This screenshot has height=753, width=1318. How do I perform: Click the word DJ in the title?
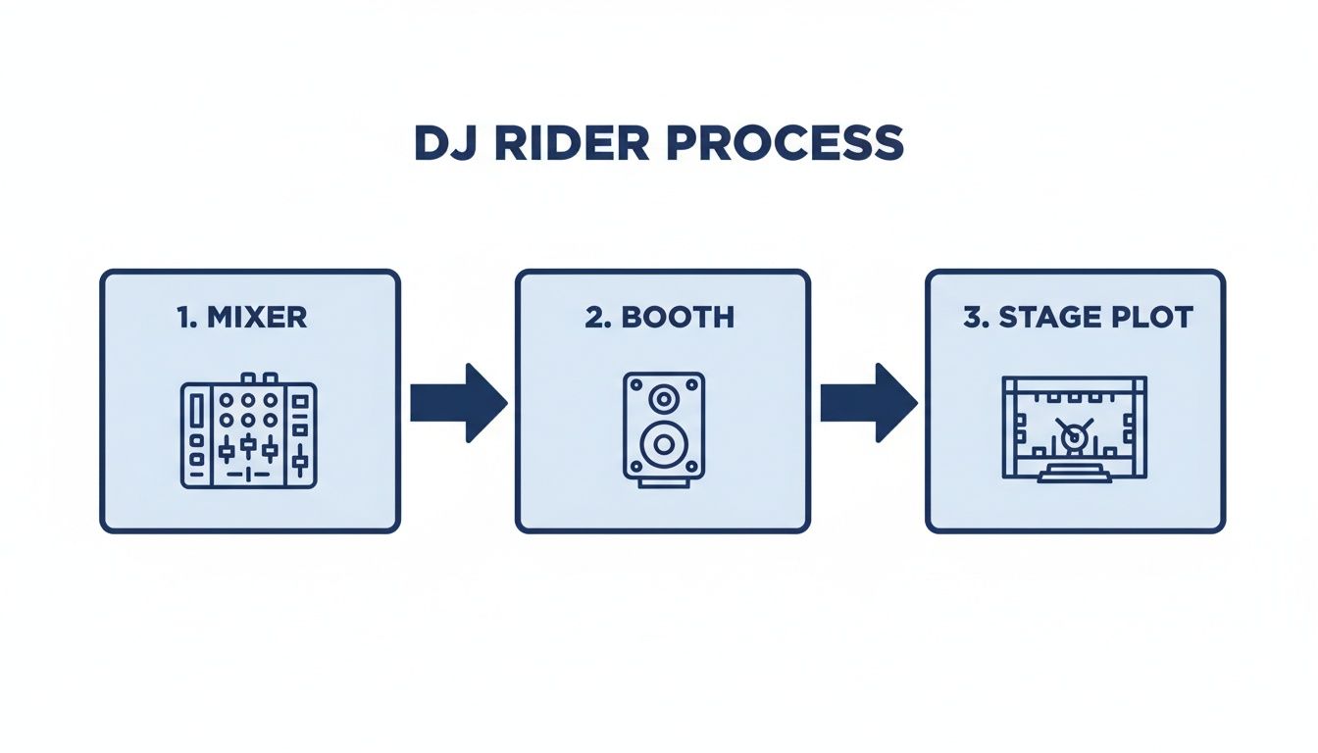[x=442, y=143]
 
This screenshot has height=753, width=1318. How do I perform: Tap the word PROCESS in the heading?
[x=783, y=143]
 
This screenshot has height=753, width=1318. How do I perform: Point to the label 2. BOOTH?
[x=660, y=317]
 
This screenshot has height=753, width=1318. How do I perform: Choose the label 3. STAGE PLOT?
[x=1077, y=317]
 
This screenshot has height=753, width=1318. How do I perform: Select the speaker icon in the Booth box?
[x=664, y=429]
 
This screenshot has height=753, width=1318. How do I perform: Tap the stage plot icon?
[x=1075, y=428]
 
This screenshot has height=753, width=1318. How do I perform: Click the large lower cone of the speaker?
[x=664, y=445]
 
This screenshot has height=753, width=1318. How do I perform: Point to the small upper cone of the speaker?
[x=664, y=399]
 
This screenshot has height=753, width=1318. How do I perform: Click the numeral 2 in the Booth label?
[x=592, y=317]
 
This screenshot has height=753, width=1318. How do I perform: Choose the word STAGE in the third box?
[x=1047, y=317]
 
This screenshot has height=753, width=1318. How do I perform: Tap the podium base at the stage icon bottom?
[x=1075, y=475]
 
